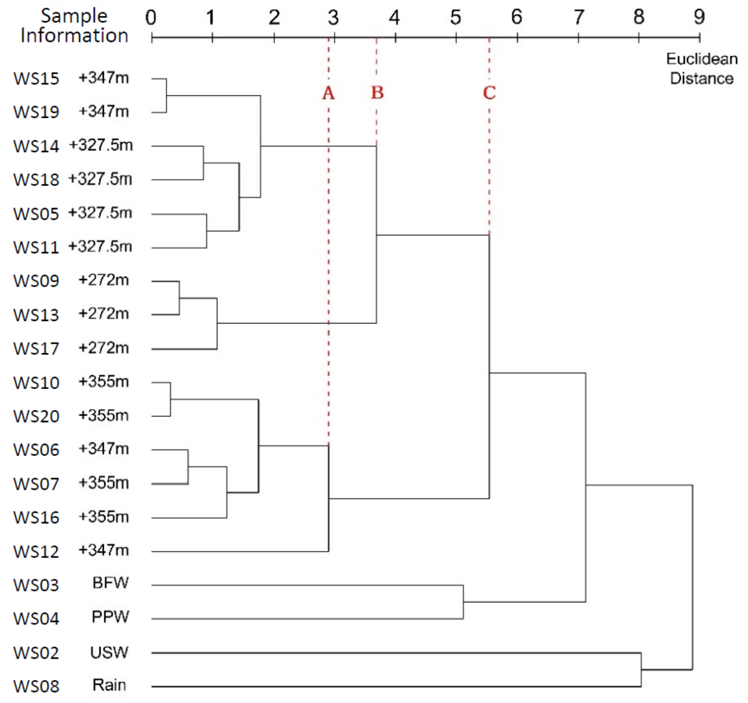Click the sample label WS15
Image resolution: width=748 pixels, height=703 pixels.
point(36,78)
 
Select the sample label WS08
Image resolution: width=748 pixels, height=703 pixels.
point(36,686)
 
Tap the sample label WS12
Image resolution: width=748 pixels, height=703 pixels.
point(36,551)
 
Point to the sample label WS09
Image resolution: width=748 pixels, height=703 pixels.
point(36,281)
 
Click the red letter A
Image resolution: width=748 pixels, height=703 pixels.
point(328,93)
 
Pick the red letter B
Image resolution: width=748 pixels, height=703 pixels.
point(377,93)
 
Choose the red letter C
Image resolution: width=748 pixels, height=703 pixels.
point(489,93)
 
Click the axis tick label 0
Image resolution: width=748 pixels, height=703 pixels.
point(151,17)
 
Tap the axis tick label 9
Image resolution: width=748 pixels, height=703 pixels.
point(699,17)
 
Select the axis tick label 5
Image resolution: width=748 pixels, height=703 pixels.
point(456,17)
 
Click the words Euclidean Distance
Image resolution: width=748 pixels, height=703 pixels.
point(702,69)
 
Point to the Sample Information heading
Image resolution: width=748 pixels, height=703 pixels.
point(74,26)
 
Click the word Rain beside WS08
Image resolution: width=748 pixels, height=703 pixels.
point(109,685)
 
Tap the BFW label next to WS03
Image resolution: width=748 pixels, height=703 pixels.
point(110,583)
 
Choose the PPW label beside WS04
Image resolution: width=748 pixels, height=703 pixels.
point(110,616)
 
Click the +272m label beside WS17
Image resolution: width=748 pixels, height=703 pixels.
point(103,348)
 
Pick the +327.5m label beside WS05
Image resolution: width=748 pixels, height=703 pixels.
point(100,213)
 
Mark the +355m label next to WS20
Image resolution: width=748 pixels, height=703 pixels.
point(103,415)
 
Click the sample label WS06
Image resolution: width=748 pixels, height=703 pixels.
point(36,450)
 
